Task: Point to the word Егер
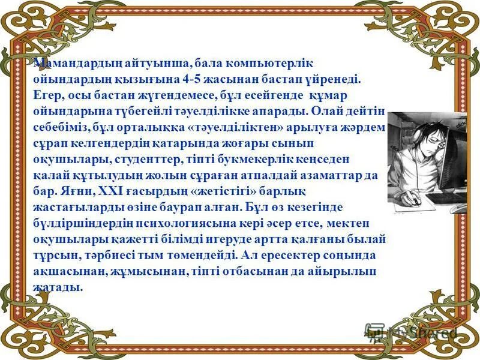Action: pyautogui.click(x=46, y=95)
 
